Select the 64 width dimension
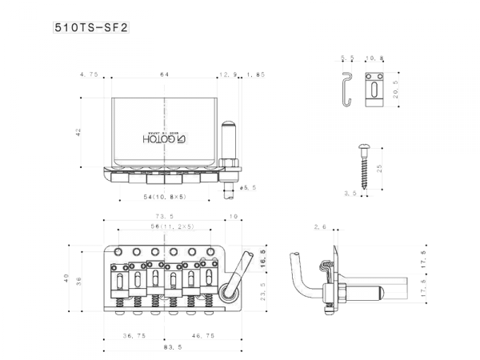coord(164,74)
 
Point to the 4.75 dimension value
coord(89,74)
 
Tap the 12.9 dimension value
coord(226,74)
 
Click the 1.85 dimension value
coord(255,74)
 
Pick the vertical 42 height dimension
coord(78,133)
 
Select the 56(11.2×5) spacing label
coord(166,228)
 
